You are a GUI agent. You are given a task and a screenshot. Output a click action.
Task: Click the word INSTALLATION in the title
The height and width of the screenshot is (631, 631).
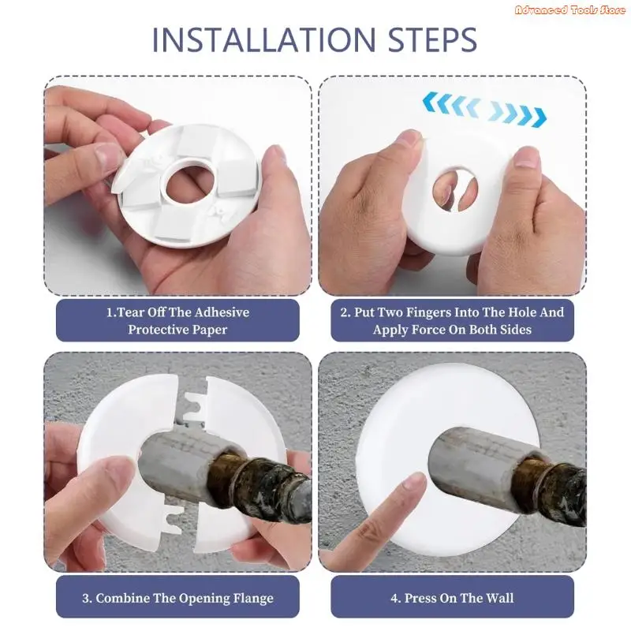(264, 39)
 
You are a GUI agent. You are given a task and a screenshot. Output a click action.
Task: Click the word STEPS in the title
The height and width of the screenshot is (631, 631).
(432, 39)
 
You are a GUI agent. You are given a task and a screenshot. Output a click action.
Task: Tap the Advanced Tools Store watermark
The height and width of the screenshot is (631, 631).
(570, 10)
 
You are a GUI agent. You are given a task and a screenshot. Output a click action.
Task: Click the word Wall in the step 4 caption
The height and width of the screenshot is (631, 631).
(500, 598)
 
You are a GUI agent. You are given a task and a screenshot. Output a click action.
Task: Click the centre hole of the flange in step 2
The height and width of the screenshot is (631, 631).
(455, 188)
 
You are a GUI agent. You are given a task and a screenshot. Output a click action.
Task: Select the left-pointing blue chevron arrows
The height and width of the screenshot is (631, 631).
(450, 104)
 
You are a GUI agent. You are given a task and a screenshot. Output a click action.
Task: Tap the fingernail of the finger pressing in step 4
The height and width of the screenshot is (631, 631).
(413, 482)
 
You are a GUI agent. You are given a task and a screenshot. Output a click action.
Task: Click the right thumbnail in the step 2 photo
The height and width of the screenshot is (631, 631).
(528, 159)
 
